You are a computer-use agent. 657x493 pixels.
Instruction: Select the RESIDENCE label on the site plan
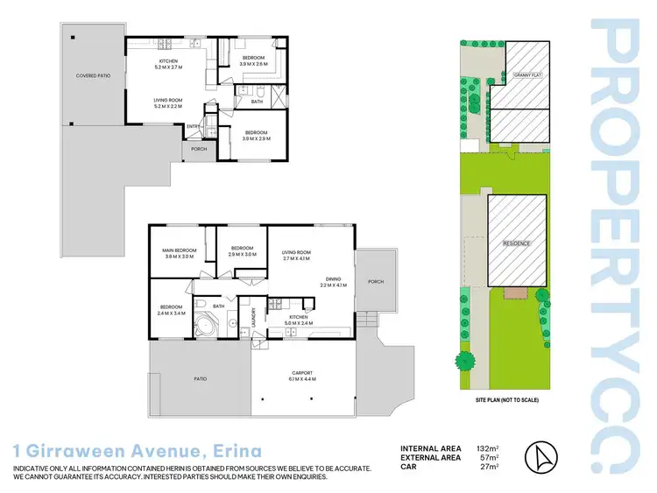[516, 243]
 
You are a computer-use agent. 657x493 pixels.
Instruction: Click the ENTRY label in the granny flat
[193, 126]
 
